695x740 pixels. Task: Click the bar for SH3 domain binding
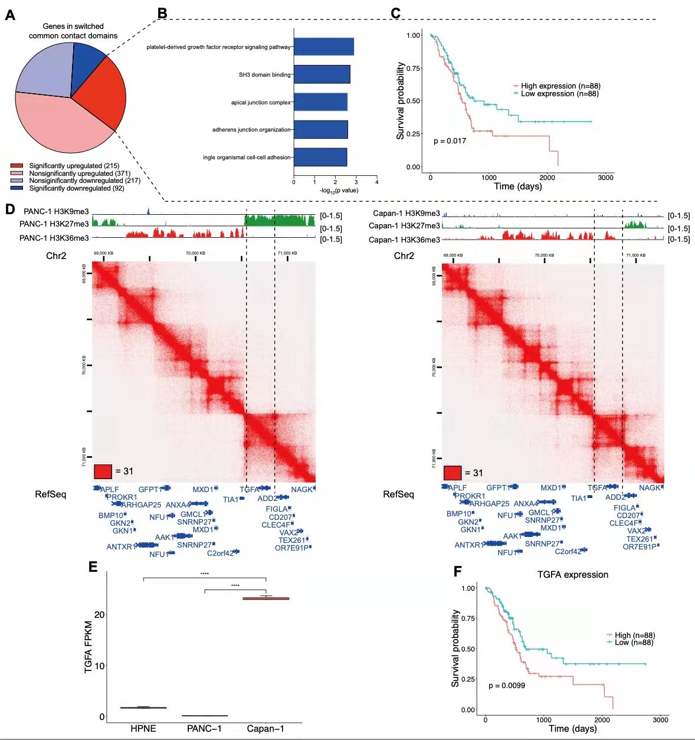pyautogui.click(x=322, y=74)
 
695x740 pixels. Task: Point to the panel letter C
pyautogui.click(x=395, y=13)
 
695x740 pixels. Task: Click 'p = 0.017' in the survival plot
pyautogui.click(x=450, y=141)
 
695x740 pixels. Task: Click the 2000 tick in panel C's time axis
pyautogui.click(x=547, y=178)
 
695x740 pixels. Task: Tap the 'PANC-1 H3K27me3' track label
pyautogui.click(x=54, y=224)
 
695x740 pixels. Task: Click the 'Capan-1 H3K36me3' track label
pyautogui.click(x=405, y=240)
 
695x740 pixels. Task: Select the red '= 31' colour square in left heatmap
pyautogui.click(x=103, y=471)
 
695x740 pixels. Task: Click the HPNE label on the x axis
pyautogui.click(x=143, y=729)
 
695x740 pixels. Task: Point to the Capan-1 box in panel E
pyautogui.click(x=266, y=598)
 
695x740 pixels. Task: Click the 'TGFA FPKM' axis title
pyautogui.click(x=88, y=647)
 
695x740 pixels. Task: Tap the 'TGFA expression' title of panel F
pyautogui.click(x=572, y=575)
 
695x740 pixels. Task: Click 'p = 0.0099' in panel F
pyautogui.click(x=507, y=686)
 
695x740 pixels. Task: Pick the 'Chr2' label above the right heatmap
pyautogui.click(x=404, y=256)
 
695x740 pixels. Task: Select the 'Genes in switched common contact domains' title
pyautogui.click(x=73, y=31)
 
